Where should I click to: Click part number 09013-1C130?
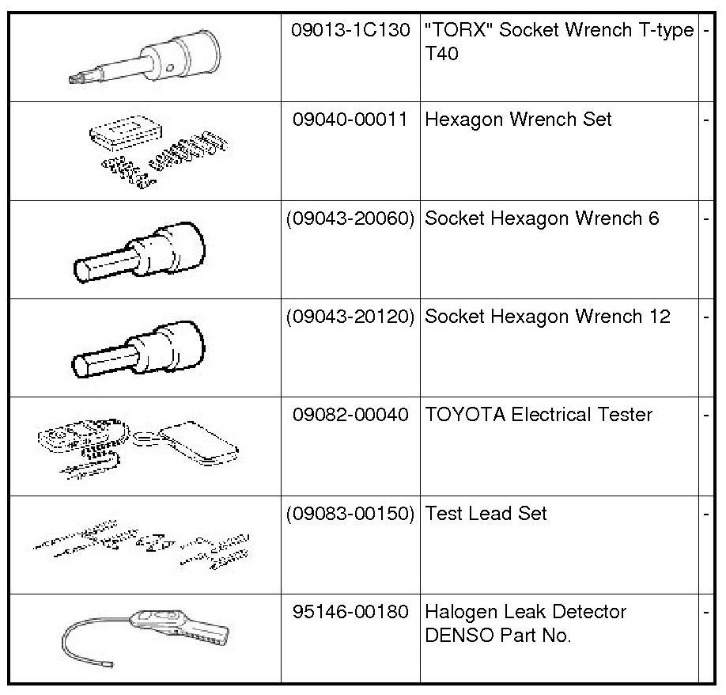(350, 30)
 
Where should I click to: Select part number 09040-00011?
(350, 120)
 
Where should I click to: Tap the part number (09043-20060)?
(350, 218)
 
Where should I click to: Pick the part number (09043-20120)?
(350, 317)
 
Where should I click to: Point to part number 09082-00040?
(350, 415)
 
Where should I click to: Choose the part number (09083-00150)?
(350, 513)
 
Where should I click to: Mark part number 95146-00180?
(350, 612)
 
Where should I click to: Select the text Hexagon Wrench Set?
(518, 120)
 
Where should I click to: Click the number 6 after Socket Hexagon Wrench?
(653, 218)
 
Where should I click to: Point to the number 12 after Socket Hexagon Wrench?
(658, 317)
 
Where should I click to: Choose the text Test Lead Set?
(486, 513)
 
